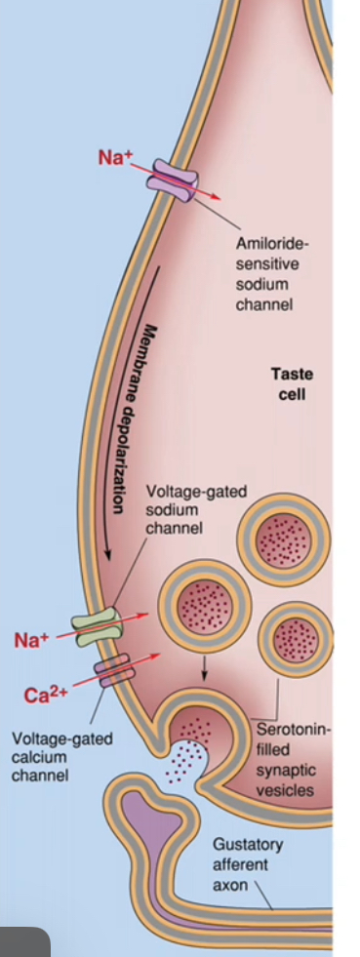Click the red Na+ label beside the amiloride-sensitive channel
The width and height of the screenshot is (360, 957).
114,158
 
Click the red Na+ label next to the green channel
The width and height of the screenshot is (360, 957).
30,641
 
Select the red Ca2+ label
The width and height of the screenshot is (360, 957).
42,696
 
